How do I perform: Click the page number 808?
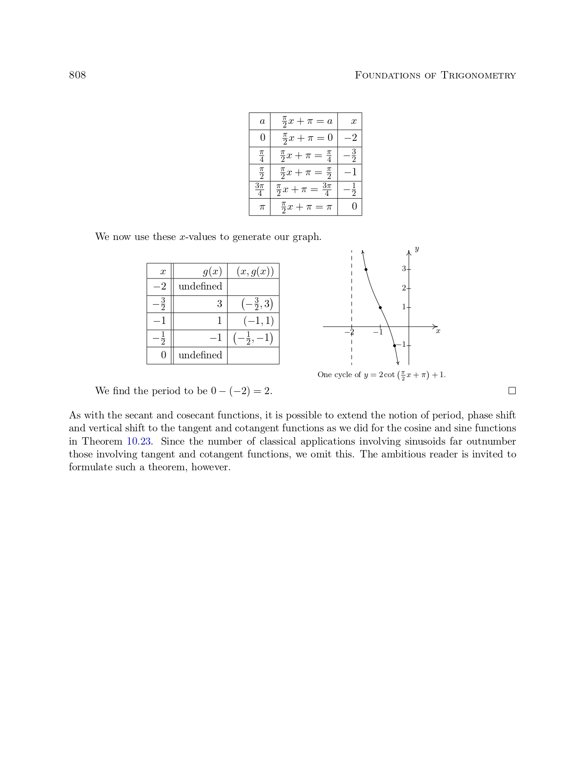pos(77,75)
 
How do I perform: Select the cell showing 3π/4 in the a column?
pos(260,189)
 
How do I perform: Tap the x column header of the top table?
pos(353,122)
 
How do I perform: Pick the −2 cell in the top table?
pos(350,138)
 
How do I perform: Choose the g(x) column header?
pos(212,271)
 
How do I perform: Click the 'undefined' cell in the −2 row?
pos(200,286)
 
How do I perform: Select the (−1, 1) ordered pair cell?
pos(258,321)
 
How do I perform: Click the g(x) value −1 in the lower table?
pos(216,338)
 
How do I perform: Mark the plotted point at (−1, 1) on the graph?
pos(380,307)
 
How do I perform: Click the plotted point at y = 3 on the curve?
pos(366,269)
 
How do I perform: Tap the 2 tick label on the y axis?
pos(404,288)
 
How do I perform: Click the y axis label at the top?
pos(417,249)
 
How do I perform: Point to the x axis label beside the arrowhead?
pos(438,331)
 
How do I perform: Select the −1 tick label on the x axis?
pos(378,332)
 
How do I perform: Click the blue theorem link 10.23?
pos(139,441)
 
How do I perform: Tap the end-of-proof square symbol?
pos(512,391)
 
